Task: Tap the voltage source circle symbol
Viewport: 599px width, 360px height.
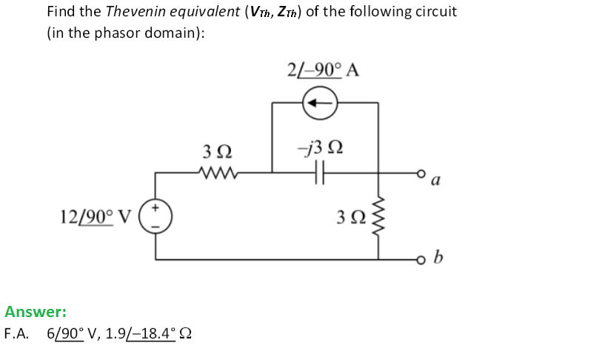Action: coord(155,217)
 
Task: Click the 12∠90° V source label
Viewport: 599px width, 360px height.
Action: coord(96,216)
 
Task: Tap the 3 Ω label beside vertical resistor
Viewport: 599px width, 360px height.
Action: coord(350,218)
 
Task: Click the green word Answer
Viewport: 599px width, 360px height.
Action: coord(36,312)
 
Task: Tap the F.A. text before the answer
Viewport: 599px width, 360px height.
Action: coord(17,333)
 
